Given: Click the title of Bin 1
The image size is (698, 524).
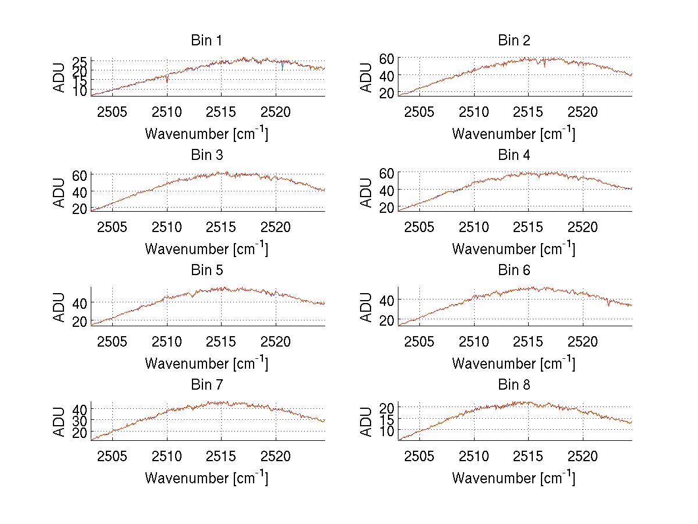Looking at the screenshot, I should tap(206, 41).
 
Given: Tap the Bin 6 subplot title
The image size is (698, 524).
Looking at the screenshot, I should tap(514, 270).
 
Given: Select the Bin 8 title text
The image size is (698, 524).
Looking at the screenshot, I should tap(514, 385).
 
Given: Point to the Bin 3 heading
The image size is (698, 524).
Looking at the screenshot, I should tap(206, 155).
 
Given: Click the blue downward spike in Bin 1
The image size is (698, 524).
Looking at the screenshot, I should tap(282, 66).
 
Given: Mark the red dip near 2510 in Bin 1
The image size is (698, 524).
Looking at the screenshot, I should tap(167, 79).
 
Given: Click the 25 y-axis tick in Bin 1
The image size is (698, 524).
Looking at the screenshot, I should tap(80, 61).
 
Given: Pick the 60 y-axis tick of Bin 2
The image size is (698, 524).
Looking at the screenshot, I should tap(387, 58).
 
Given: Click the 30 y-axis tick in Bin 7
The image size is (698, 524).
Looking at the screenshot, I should tap(80, 420).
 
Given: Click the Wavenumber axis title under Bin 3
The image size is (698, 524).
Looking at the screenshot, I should tap(206, 249).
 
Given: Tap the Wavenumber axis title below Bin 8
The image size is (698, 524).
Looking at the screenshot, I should tap(514, 478).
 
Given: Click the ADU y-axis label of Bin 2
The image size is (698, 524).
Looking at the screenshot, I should tap(366, 77).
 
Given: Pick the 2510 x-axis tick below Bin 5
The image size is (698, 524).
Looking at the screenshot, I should tap(167, 341).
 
